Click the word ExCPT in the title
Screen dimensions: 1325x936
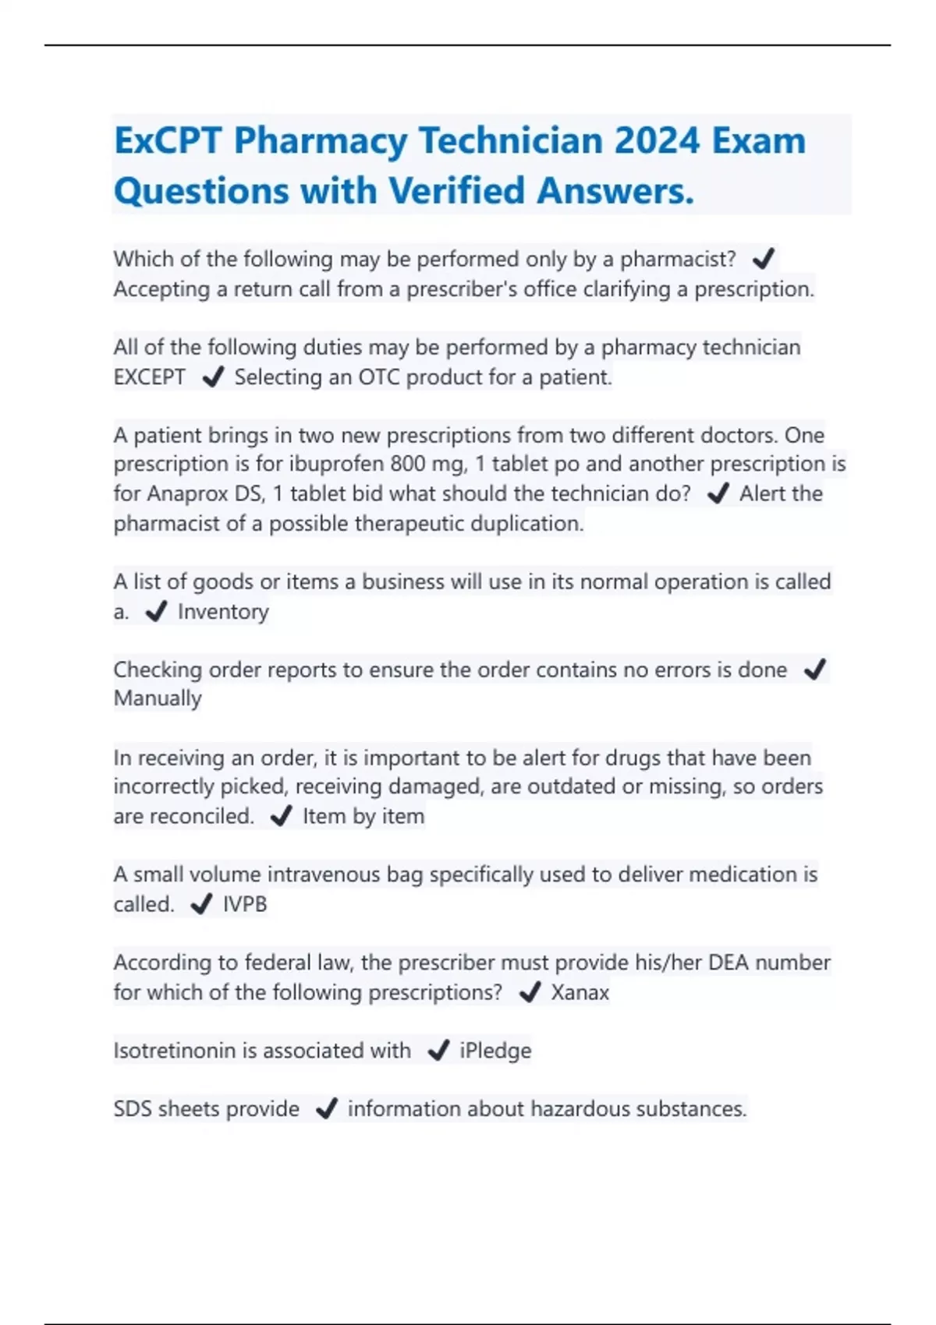tap(168, 141)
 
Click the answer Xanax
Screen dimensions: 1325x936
tap(580, 992)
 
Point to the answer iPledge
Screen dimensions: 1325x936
tap(495, 1051)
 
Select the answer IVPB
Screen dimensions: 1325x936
tap(245, 904)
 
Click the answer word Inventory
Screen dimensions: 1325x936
tap(223, 612)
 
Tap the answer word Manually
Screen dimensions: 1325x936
tap(158, 698)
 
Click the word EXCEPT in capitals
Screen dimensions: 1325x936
tap(150, 377)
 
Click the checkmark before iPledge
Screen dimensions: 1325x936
tap(438, 1051)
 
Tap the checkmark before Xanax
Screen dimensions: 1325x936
tap(530, 992)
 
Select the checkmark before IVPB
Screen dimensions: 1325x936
tap(201, 904)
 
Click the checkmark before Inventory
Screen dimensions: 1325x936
tap(156, 612)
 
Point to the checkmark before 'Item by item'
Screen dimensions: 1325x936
tap(281, 816)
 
